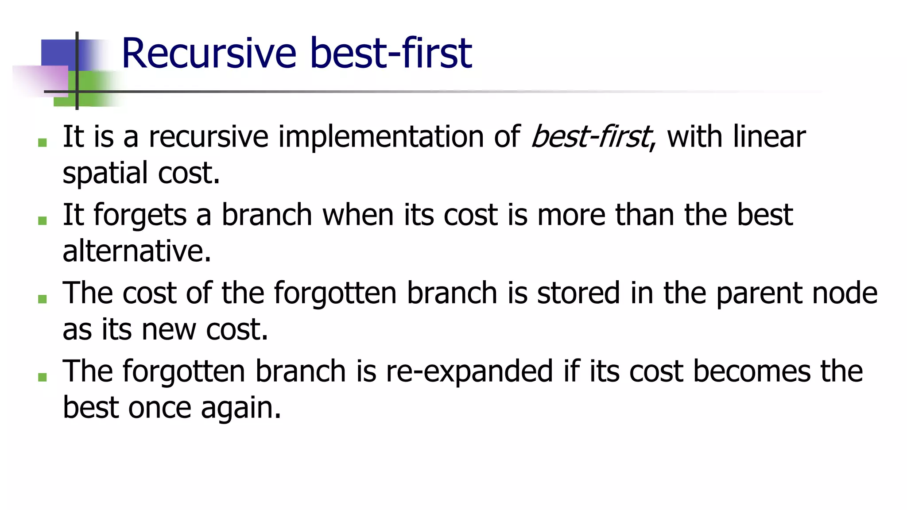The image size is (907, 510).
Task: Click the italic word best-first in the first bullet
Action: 591,136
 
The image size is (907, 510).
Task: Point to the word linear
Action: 769,136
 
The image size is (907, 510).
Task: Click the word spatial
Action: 105,174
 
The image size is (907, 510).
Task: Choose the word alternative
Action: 136,251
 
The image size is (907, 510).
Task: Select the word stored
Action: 578,293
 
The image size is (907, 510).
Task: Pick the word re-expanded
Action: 469,372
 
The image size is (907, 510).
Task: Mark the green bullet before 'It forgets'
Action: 43,220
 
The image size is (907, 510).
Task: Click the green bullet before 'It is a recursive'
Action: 43,142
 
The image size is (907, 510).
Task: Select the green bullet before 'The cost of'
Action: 43,299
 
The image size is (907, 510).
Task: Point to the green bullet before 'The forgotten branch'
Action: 43,377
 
